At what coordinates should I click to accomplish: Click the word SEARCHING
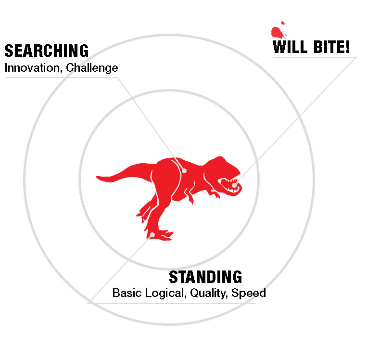47,51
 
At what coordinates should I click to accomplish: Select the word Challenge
92,68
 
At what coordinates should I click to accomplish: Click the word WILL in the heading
290,47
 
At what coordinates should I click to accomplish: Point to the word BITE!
332,47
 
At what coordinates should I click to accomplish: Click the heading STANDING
205,277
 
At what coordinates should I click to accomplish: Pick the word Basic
127,293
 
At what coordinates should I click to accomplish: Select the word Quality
209,294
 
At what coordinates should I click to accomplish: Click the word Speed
249,294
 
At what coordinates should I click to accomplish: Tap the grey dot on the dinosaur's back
184,171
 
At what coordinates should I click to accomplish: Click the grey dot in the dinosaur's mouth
234,185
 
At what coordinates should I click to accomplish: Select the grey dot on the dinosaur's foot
152,235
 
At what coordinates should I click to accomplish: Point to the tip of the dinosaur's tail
97,177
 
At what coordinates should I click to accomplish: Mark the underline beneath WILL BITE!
315,57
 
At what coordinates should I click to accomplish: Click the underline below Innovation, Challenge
62,77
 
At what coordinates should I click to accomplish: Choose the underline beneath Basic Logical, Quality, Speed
172,304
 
